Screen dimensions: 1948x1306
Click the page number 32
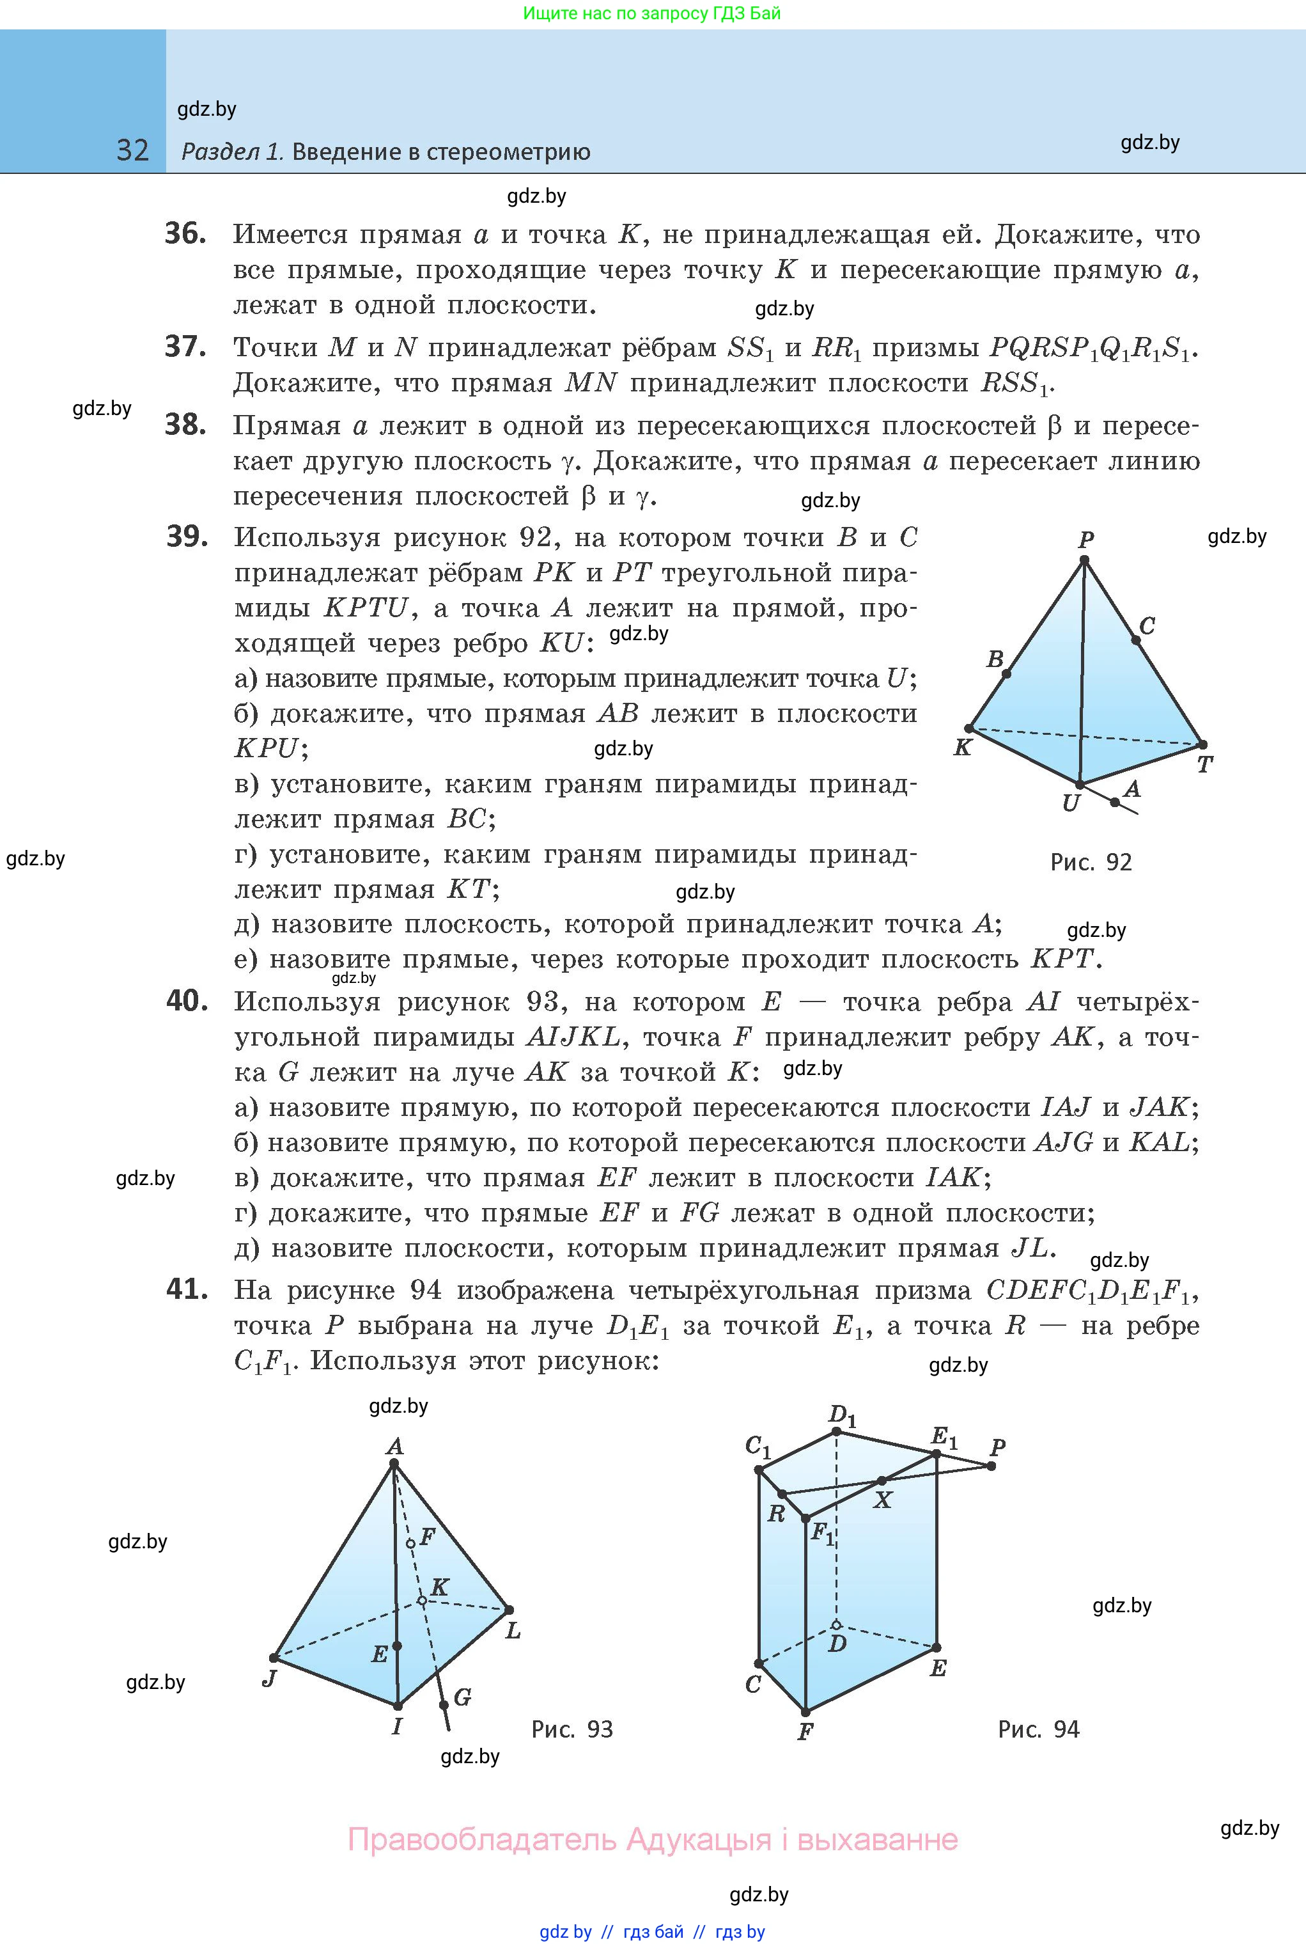click(132, 150)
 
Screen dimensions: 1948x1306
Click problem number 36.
click(185, 233)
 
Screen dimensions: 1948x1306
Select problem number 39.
click(187, 537)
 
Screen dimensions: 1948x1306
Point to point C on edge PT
click(1135, 640)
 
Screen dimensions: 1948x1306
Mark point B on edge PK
click(1006, 673)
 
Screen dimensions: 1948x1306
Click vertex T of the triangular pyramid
click(1202, 744)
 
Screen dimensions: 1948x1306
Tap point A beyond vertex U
click(1116, 803)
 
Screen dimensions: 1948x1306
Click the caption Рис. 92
click(1091, 862)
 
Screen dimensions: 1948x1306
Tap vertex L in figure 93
click(509, 1610)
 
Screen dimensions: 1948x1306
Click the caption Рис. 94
click(1038, 1730)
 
